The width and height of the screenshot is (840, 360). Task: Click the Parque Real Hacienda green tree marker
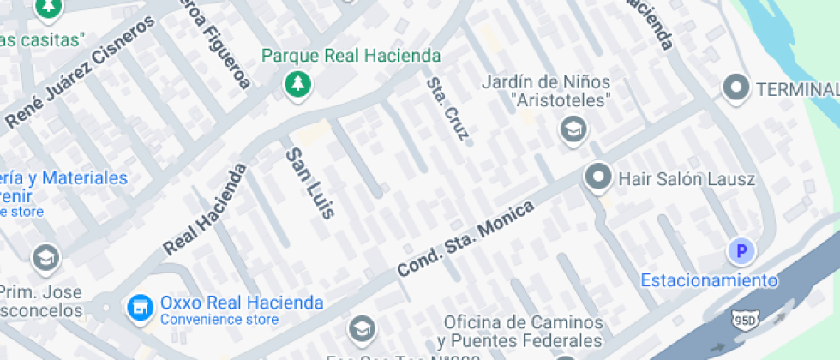[x=297, y=84]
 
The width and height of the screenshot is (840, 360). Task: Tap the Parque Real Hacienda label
[x=351, y=57]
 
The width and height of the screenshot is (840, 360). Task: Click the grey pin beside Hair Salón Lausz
[x=597, y=178]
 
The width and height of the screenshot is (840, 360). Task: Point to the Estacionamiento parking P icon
[x=741, y=251]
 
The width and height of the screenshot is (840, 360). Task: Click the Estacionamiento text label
[x=710, y=280]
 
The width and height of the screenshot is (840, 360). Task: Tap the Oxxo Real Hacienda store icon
[x=136, y=305]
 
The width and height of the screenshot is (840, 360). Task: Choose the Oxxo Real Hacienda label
[x=242, y=303]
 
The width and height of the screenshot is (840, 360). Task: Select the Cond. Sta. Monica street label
[x=465, y=239]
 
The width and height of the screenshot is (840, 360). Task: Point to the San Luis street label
[x=309, y=182]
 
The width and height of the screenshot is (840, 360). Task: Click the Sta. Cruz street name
[x=448, y=109]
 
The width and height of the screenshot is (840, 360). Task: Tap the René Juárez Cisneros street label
[x=82, y=71]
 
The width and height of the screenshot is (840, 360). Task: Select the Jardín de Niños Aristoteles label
[x=546, y=91]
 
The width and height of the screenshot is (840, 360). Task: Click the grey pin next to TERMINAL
[x=735, y=87]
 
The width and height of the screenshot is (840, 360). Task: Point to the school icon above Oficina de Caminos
[x=362, y=327]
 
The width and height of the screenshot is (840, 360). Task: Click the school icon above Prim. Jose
[x=45, y=257]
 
